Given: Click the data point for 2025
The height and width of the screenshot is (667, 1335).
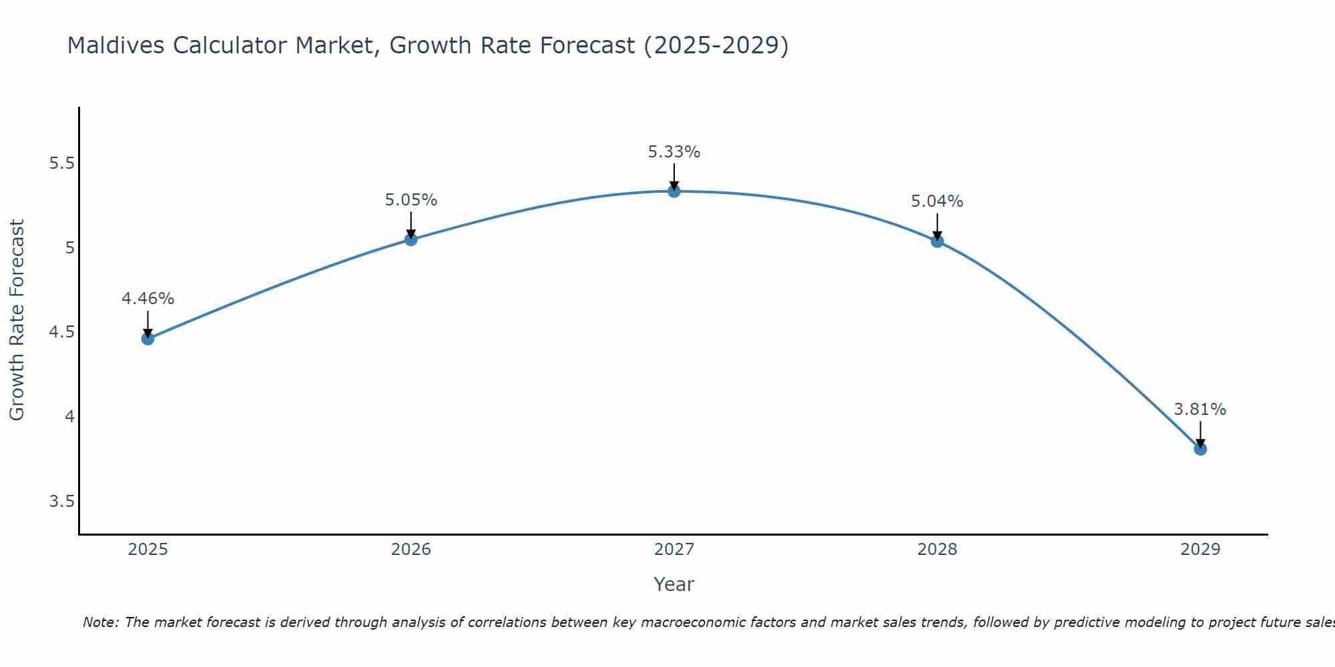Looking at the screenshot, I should (148, 339).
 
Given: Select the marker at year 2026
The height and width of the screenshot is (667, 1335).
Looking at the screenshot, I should (411, 239).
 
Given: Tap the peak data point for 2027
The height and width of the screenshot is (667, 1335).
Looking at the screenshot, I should (674, 191).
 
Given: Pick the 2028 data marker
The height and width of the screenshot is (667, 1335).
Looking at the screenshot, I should (937, 241).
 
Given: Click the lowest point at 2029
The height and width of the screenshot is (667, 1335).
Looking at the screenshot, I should (1200, 449).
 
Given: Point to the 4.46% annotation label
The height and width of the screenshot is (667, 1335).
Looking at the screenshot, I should (148, 299).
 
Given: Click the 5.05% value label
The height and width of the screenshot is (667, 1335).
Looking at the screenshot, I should (411, 200).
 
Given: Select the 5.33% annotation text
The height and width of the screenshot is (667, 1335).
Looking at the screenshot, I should (674, 152).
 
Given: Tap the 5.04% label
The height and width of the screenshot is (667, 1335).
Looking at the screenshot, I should (937, 201).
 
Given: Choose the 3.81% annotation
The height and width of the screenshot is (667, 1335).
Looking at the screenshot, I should (1200, 410).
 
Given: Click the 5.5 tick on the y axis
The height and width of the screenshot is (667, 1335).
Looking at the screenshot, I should (61, 163).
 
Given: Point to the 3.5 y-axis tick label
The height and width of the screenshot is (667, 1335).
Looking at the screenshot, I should (61, 502).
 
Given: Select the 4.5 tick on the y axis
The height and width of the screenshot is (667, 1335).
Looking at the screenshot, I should (61, 332).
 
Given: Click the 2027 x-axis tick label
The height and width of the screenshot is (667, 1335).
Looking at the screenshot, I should (674, 550).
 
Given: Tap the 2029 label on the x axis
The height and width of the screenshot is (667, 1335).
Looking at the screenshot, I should (1200, 550).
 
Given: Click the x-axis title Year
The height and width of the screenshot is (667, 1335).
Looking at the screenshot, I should (674, 584).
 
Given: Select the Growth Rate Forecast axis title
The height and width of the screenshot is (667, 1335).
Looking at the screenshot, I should (17, 320).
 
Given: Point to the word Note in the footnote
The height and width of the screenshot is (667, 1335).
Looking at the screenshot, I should (100, 622).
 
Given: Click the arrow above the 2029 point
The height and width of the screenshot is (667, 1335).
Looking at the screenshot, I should (1200, 434).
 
